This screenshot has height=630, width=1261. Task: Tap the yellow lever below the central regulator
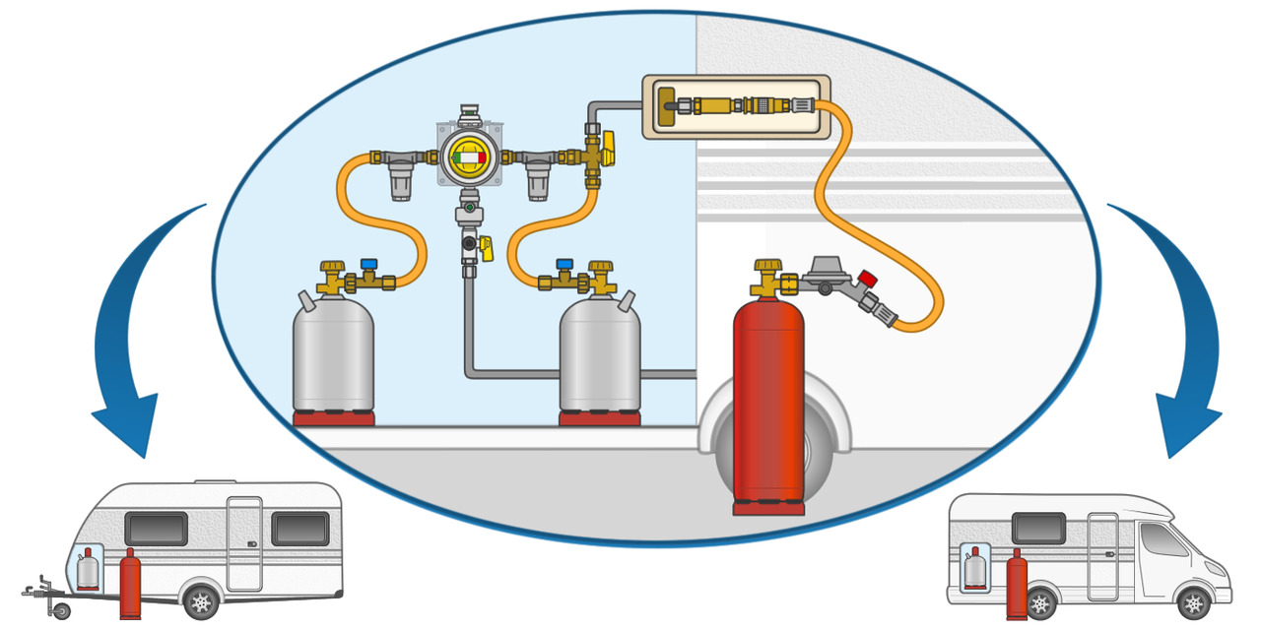[486, 246]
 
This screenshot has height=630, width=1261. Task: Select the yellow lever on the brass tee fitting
[608, 150]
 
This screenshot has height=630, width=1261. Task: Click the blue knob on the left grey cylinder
[368, 266]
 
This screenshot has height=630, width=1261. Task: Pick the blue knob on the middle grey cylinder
[564, 266]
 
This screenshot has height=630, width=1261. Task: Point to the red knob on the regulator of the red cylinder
[867, 279]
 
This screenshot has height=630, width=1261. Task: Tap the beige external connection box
[736, 105]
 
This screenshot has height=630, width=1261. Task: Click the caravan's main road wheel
[201, 599]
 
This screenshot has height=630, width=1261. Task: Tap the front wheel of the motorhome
[1194, 601]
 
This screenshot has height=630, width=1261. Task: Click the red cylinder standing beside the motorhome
[1017, 585]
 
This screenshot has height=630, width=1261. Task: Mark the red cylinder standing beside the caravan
[130, 585]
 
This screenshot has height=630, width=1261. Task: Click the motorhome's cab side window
[1162, 540]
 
